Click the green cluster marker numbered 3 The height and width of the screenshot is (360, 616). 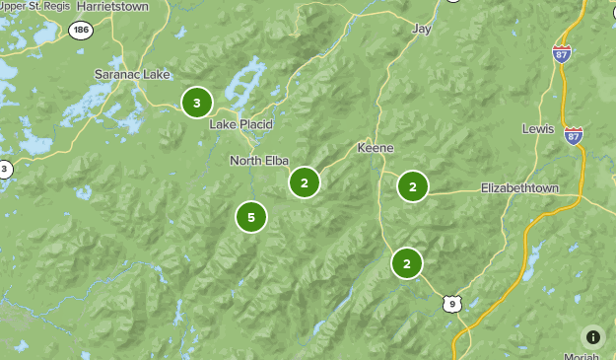click(197, 102)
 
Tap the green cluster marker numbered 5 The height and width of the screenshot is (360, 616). click(251, 217)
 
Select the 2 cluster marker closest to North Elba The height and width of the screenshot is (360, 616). click(305, 182)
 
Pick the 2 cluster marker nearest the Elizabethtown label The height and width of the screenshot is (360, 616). click(413, 185)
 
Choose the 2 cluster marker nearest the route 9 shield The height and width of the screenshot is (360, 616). click(406, 263)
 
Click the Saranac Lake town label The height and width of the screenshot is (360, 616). click(132, 74)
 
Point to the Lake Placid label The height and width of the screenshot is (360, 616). click(240, 125)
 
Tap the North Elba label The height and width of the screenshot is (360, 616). click(259, 161)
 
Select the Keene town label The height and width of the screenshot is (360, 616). click(375, 148)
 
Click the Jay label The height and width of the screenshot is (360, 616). click(423, 30)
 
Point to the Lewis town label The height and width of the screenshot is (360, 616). click(538, 129)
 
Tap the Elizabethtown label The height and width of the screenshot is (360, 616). click(519, 187)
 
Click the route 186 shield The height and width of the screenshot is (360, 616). click(81, 31)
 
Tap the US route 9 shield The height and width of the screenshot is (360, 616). click(451, 304)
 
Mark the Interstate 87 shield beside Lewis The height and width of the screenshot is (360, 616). click(574, 135)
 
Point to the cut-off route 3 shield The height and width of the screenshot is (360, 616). click(4, 169)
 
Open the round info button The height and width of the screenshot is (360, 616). click(592, 336)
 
